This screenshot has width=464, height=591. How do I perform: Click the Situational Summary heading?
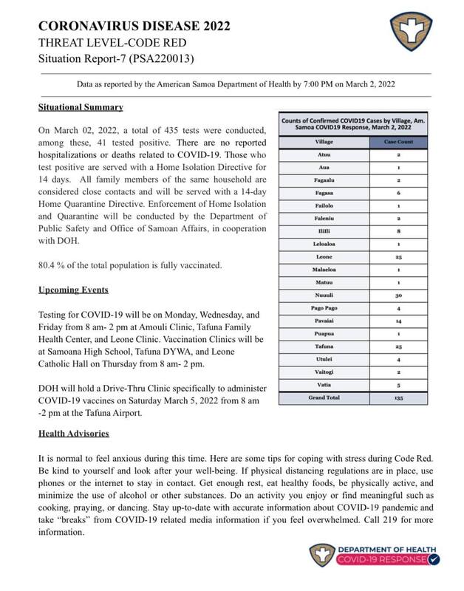81,107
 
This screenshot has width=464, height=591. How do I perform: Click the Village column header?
323,140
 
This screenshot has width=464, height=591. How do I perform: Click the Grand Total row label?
324,397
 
